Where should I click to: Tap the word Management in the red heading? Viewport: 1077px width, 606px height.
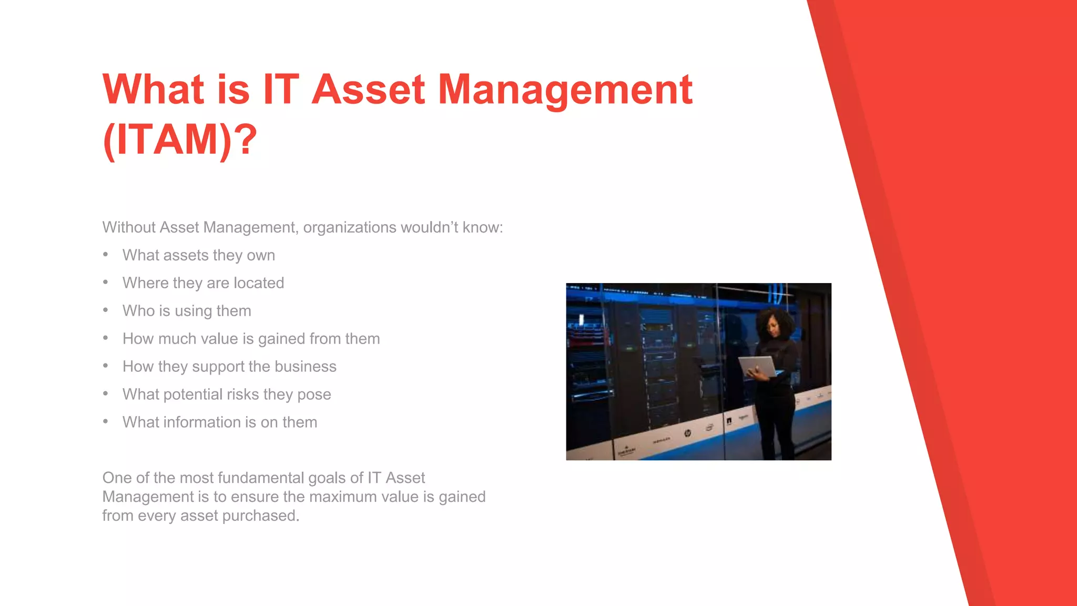coord(565,89)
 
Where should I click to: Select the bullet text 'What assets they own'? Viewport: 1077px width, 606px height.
coord(199,255)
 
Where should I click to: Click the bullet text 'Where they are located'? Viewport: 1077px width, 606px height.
coord(203,283)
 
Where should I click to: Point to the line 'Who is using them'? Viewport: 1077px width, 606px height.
coord(187,311)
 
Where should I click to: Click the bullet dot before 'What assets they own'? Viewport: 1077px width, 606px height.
coord(106,255)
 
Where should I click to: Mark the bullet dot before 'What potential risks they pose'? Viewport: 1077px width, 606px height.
coord(106,394)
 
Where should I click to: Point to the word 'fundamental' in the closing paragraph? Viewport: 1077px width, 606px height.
coord(260,478)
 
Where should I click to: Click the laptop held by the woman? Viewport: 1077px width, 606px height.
coord(758,365)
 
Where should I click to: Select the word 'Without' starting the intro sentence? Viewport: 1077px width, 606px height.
coord(128,227)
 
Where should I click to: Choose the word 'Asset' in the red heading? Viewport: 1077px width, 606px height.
coord(368,89)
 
